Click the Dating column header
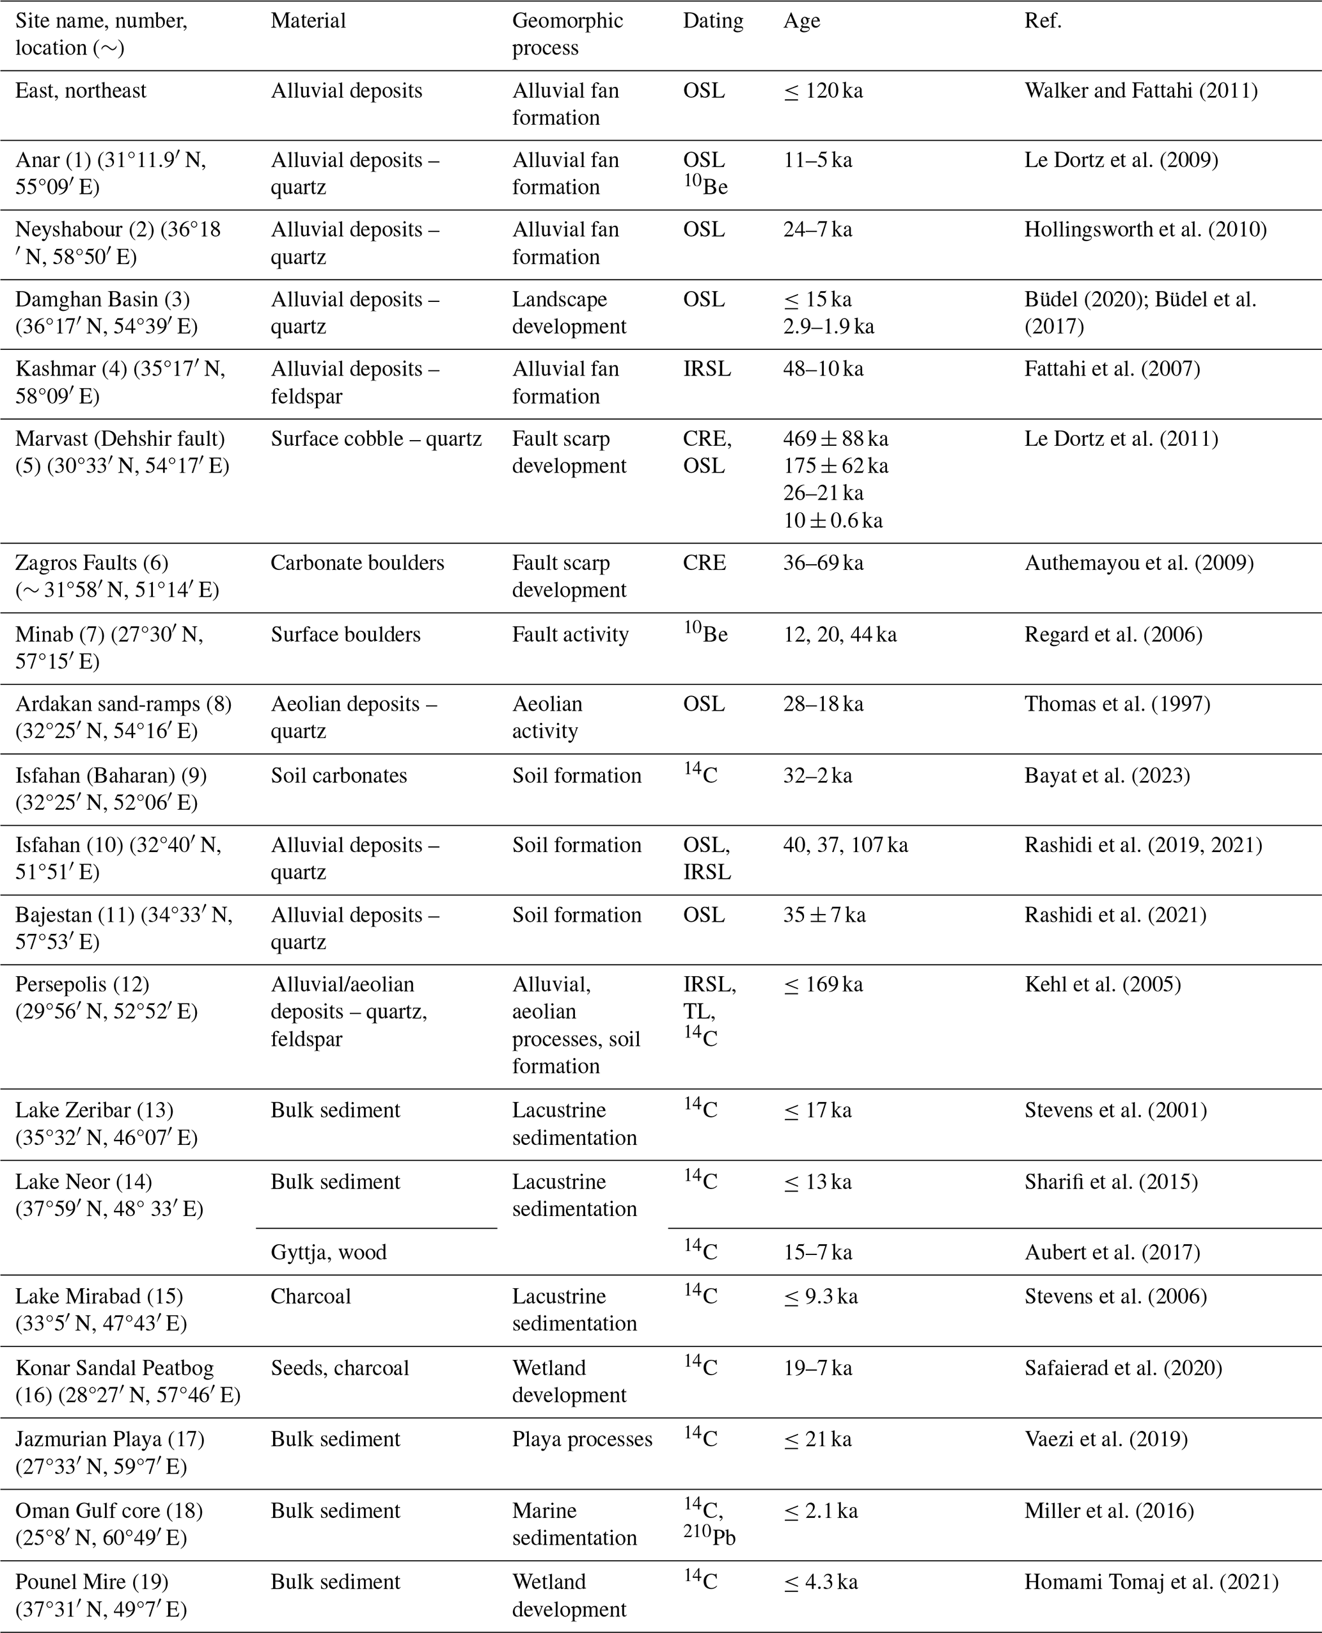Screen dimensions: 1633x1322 [712, 20]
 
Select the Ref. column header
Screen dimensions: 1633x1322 [1043, 20]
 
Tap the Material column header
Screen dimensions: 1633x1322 [308, 20]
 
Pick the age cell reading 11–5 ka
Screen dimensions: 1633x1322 [817, 160]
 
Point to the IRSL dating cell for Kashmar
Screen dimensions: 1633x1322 [707, 370]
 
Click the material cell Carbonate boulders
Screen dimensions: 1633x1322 [357, 563]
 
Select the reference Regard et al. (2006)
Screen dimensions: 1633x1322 [1113, 635]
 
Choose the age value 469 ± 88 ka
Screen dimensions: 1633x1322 [835, 439]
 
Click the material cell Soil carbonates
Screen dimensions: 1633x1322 [339, 775]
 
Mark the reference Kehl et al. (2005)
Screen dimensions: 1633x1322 [1103, 985]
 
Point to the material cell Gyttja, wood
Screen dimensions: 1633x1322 [328, 1252]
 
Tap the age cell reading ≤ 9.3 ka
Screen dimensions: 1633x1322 [820, 1297]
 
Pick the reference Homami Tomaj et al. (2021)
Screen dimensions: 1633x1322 [1151, 1582]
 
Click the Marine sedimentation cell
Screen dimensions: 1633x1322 [574, 1524]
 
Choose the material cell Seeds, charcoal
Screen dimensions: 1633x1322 [340, 1368]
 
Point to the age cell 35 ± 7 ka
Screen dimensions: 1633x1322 [824, 915]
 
